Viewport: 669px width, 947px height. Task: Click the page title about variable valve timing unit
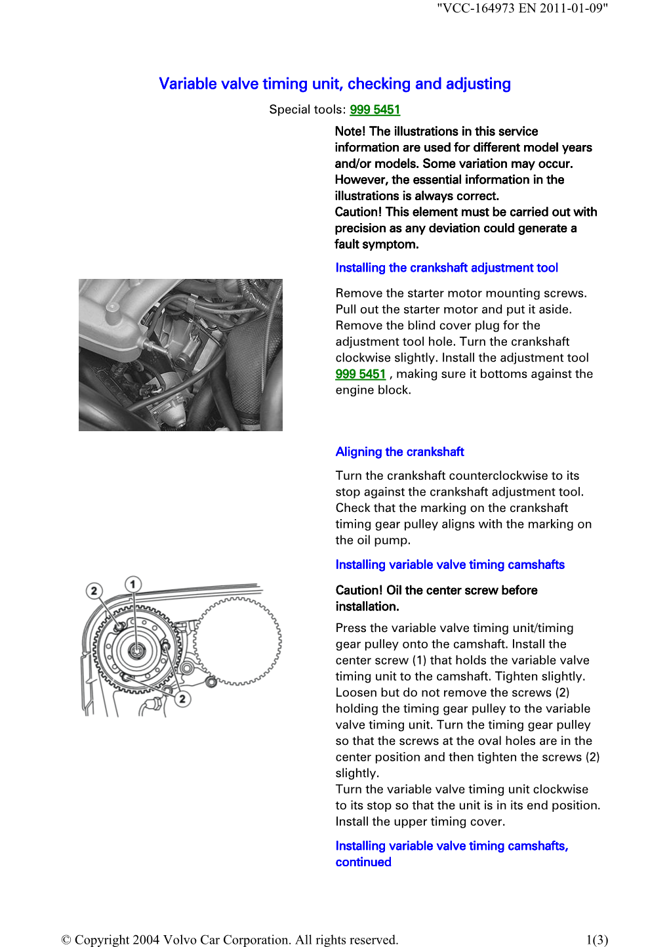tap(334, 84)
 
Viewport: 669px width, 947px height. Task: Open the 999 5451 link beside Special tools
tap(375, 110)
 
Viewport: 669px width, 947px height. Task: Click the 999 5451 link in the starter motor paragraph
tap(360, 374)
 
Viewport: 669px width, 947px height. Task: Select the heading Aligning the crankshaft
tap(399, 452)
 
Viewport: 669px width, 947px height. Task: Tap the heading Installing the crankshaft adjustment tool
tap(446, 268)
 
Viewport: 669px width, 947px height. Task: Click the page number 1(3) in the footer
tap(597, 940)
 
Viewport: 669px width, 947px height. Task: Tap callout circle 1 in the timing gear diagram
tap(133, 584)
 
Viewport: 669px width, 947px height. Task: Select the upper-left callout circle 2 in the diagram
tap(94, 591)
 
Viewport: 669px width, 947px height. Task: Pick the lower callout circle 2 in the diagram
tap(182, 699)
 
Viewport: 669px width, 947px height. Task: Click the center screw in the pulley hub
tap(136, 650)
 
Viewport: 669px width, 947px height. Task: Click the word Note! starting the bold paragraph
tap(350, 131)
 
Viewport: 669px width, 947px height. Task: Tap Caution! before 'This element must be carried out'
tap(358, 212)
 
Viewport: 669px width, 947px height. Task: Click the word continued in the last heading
tap(363, 862)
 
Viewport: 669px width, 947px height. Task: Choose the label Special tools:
tap(307, 110)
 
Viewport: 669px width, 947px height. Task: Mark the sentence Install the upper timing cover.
tap(420, 822)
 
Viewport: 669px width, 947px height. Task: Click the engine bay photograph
tap(180, 354)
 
